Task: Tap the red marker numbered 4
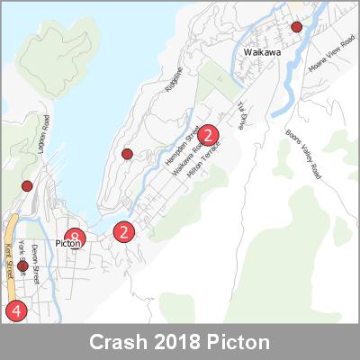pyautogui.click(x=15, y=310)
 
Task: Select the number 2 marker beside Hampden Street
pyautogui.click(x=209, y=136)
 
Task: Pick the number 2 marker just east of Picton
pyautogui.click(x=125, y=231)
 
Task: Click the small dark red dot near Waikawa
pyautogui.click(x=297, y=28)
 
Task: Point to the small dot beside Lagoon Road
pyautogui.click(x=27, y=186)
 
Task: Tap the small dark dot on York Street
pyautogui.click(x=22, y=266)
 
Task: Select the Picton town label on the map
pyautogui.click(x=68, y=243)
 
